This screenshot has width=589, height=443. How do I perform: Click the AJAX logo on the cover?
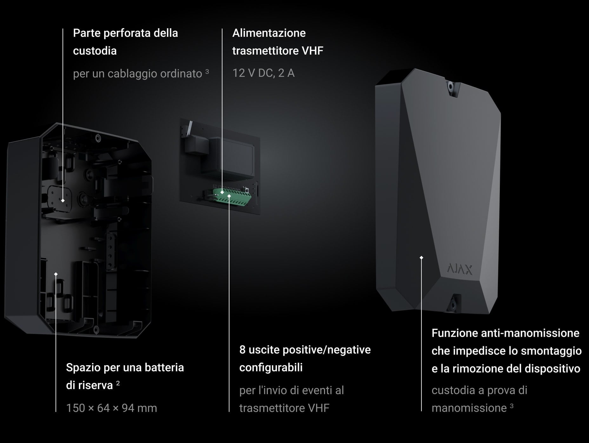(x=460, y=269)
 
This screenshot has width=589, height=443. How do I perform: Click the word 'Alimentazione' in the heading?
(x=269, y=33)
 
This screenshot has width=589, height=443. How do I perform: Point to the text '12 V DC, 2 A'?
(x=263, y=73)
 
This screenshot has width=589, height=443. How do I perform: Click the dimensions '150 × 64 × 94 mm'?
(x=111, y=408)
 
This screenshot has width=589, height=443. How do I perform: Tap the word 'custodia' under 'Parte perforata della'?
(x=95, y=51)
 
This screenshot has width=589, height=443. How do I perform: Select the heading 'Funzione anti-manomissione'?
(x=505, y=333)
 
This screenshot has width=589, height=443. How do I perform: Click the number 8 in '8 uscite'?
(x=242, y=350)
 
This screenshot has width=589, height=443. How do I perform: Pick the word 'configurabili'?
(x=271, y=367)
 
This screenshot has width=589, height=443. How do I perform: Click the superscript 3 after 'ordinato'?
(x=207, y=71)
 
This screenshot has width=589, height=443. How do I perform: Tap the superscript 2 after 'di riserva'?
(x=118, y=383)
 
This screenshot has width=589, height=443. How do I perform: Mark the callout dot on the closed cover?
(x=421, y=258)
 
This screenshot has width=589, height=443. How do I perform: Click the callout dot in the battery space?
(x=56, y=274)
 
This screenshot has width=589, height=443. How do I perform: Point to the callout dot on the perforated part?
(x=63, y=201)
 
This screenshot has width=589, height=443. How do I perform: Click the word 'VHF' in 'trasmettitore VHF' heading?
(x=313, y=51)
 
